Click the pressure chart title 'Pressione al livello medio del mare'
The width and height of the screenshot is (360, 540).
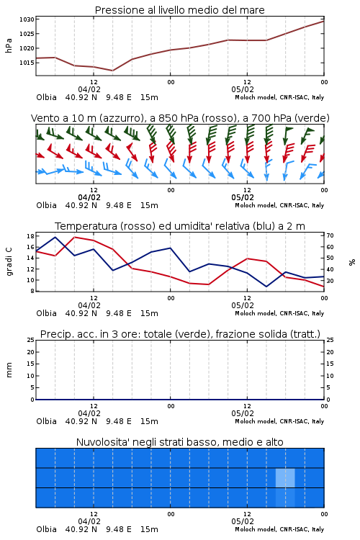coord(179,10)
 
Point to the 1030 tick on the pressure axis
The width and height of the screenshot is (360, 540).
coord(27,19)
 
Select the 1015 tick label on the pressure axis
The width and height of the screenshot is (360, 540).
coord(27,63)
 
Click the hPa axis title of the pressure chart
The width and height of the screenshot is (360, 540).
coord(9,45)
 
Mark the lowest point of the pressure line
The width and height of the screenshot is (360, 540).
coord(112,71)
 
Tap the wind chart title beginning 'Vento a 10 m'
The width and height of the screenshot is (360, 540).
coord(180,118)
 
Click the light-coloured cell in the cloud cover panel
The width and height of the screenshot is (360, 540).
coord(285,478)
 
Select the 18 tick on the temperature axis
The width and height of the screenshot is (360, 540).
coord(30,236)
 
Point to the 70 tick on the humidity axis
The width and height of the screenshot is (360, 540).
coord(330,236)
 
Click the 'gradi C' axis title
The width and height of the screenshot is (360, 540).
coord(9,261)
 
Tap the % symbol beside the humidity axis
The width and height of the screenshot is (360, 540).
coord(352,262)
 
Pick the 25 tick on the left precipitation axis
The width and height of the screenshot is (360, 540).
coord(30,340)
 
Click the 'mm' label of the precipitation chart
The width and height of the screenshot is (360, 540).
coord(9,370)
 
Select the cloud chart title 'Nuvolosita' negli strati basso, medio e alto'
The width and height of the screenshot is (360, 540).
coord(179,442)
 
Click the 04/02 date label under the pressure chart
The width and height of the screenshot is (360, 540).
coord(89,89)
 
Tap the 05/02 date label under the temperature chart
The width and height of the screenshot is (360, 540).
coord(243,305)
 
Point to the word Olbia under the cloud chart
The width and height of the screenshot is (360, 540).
coord(46,529)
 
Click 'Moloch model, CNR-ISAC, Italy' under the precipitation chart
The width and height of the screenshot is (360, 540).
coord(279,421)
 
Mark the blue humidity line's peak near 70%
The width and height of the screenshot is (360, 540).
coord(55,237)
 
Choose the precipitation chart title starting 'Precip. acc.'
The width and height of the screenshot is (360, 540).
coord(180,334)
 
